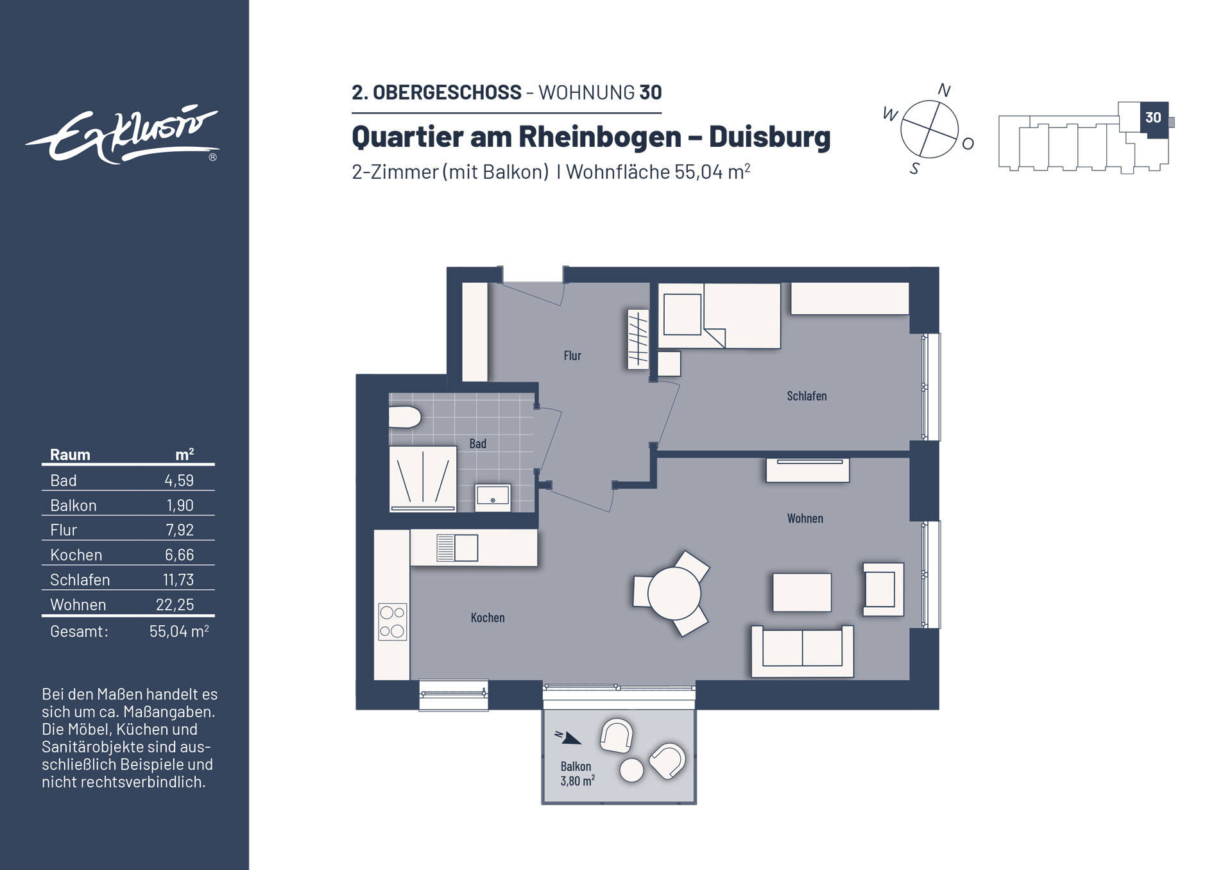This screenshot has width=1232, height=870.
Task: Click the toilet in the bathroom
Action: click(404, 417)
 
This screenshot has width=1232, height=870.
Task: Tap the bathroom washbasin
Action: click(493, 497)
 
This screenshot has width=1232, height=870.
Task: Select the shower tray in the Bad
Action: click(423, 478)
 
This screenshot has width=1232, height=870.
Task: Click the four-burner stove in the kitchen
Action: click(392, 621)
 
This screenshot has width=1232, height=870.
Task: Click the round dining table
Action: click(674, 593)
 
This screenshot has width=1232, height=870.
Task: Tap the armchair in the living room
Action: click(882, 589)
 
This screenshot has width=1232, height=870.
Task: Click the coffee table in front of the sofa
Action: click(801, 592)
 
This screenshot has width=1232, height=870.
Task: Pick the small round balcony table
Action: click(631, 770)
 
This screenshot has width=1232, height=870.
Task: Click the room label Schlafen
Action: click(807, 396)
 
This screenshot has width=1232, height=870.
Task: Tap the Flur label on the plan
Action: click(572, 356)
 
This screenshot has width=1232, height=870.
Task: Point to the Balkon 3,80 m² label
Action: click(577, 774)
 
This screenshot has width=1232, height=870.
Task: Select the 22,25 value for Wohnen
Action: click(175, 605)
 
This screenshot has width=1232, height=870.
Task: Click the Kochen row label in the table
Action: click(76, 555)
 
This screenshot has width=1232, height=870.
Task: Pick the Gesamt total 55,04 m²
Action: click(178, 632)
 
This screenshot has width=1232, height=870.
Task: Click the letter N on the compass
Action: click(944, 90)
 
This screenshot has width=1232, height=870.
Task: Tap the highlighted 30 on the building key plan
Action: click(1153, 118)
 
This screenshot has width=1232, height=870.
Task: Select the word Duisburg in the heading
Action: click(769, 137)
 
